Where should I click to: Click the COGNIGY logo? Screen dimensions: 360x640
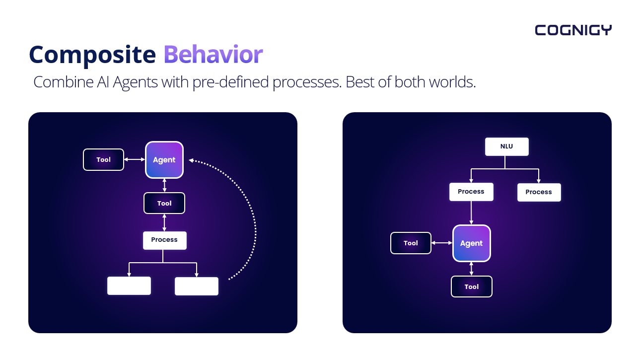573,30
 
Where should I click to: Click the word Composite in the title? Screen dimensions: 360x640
92,55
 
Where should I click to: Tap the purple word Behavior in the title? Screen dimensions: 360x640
213,55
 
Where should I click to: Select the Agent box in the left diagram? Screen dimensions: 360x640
164,160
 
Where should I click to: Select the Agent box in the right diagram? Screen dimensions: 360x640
471,243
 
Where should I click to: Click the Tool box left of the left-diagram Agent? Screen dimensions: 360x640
103,160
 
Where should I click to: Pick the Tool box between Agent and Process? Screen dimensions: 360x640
164,203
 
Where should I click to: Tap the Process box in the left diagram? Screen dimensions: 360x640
164,240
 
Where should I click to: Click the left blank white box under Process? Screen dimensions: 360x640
129,286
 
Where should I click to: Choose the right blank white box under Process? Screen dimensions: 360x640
197,286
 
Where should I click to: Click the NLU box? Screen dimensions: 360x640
506,147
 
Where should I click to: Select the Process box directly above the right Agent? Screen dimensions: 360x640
471,192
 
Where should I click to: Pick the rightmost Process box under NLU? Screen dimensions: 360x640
539,192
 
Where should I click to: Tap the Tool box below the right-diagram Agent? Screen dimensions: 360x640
471,287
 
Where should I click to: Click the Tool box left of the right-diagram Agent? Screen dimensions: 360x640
411,243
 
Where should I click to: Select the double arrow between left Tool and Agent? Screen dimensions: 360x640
134,160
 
